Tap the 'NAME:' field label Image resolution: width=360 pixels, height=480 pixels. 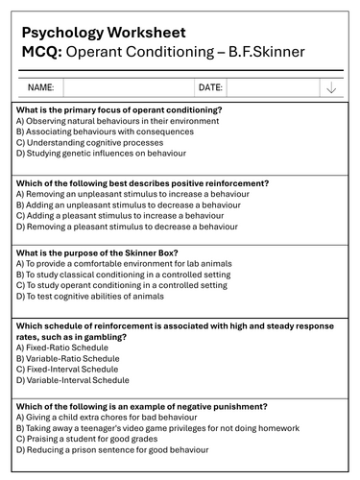tap(40, 87)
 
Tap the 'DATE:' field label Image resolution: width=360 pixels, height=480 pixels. tap(210, 87)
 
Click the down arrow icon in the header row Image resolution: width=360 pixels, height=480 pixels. tap(331, 88)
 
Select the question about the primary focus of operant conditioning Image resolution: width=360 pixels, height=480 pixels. tap(119, 110)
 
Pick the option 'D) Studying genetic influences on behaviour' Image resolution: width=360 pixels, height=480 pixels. tap(101, 153)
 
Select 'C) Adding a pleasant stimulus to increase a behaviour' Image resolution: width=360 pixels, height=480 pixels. tap(126, 216)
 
